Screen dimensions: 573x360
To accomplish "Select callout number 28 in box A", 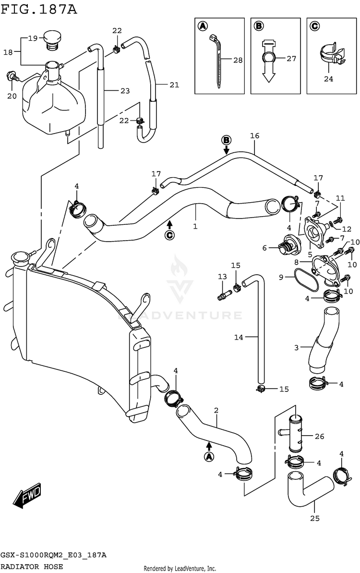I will click(238, 60).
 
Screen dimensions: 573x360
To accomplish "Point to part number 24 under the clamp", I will click(328, 79).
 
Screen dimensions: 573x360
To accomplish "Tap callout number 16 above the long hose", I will click(254, 136).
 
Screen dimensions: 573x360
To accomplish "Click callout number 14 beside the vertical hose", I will click(239, 337).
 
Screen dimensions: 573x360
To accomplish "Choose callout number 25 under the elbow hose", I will click(314, 518).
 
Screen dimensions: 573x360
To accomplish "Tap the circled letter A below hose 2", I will click(209, 456).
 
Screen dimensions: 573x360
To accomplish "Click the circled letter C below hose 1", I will click(169, 235).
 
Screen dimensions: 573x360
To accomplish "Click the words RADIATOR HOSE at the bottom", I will click(31, 567).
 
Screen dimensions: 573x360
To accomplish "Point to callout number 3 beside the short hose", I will click(297, 347).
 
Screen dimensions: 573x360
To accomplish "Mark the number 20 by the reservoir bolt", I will click(12, 96).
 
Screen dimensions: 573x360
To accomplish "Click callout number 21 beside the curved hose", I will click(174, 85).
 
